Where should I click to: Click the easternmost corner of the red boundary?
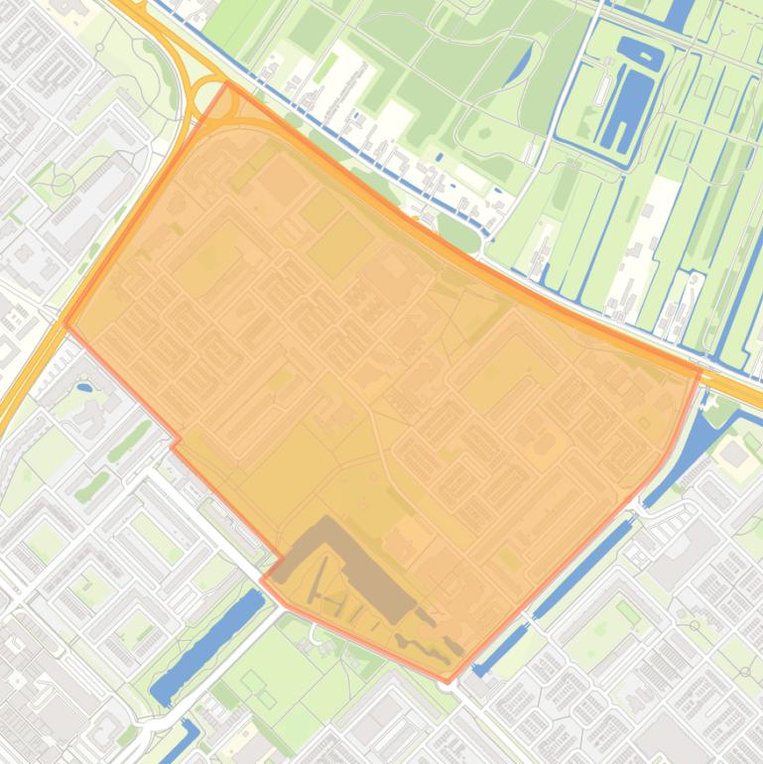tap(700, 372)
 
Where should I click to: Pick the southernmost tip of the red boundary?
tap(445, 682)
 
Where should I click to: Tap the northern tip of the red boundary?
tap(228, 84)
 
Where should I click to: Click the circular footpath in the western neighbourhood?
tap(64, 184)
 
